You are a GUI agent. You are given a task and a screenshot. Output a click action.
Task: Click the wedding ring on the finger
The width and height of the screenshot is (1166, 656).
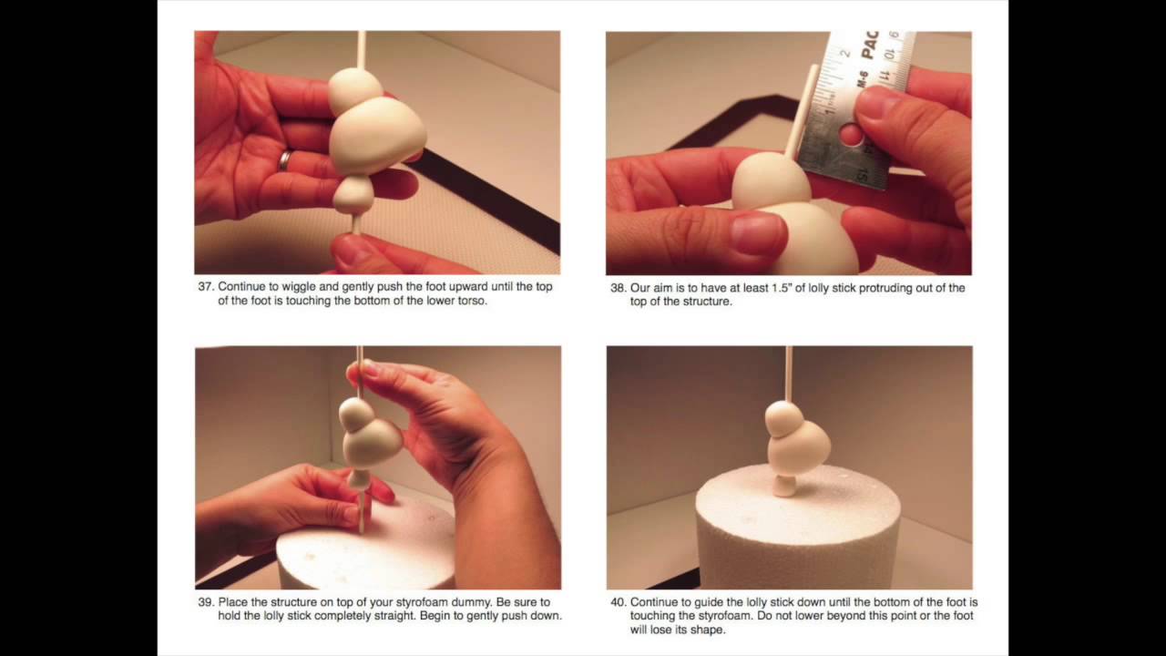point(285,159)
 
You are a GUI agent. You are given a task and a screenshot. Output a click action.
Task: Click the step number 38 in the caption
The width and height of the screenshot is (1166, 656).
point(617,288)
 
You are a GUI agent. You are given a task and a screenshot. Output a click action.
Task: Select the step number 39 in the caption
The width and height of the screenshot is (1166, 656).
point(205,602)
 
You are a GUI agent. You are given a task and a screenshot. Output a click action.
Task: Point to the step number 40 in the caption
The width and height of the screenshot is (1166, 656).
point(618,602)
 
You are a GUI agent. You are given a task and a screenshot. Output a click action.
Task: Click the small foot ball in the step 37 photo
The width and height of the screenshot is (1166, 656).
point(353,195)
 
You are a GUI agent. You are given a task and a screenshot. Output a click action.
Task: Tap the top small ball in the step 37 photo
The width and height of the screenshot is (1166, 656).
point(355,90)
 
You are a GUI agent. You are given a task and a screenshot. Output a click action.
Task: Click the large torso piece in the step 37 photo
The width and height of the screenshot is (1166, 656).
point(376,137)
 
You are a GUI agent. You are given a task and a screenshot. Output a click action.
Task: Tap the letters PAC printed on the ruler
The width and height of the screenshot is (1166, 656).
point(869,45)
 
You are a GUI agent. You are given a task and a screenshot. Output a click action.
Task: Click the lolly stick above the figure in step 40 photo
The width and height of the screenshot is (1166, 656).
point(789,374)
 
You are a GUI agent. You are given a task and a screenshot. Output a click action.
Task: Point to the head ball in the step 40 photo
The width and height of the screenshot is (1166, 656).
point(784,418)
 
